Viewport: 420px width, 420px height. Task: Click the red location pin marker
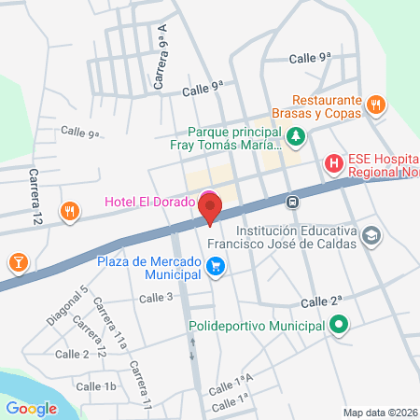(211, 207)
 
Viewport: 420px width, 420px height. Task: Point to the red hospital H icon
(333, 165)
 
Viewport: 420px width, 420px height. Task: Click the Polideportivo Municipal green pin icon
(338, 327)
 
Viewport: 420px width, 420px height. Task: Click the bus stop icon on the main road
(292, 202)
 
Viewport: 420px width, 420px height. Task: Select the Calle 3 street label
(156, 298)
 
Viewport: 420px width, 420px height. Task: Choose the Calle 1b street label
(96, 386)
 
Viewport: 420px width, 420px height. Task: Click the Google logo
(31, 408)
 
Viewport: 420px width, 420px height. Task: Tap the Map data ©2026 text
(379, 413)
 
